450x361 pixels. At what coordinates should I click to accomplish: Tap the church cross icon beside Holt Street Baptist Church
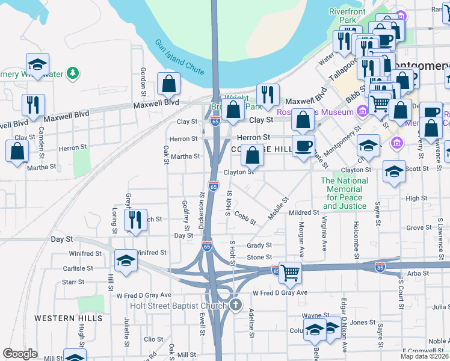tap(236, 305)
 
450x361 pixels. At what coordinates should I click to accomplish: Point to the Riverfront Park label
tap(347, 16)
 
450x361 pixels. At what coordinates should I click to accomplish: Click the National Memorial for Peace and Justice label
tap(344, 193)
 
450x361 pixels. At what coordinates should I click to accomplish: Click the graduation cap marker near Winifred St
tap(126, 260)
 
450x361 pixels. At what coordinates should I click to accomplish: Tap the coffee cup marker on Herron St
tap(303, 144)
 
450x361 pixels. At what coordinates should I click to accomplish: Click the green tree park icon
tap(73, 73)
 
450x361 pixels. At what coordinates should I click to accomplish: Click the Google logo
tap(20, 354)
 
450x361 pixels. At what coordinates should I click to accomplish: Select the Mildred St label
tap(303, 213)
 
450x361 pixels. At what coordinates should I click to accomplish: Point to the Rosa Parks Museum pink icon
tap(362, 111)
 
